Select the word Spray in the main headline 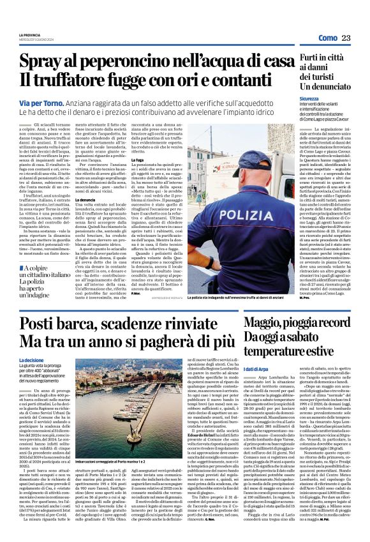(46, 62)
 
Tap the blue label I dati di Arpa (260, 369)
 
